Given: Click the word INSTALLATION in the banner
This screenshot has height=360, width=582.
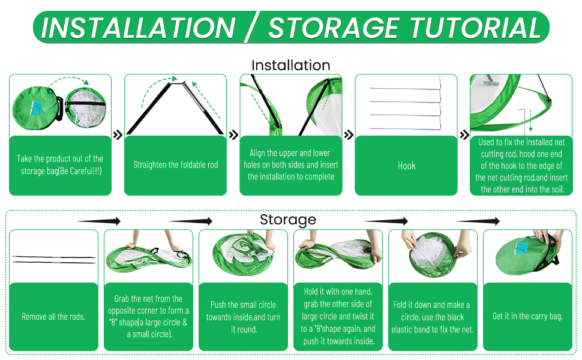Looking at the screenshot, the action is pos(138,28).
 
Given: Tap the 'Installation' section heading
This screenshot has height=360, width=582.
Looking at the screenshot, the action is pos(290,65).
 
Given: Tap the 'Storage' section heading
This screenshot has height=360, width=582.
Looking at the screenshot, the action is pos(287,220).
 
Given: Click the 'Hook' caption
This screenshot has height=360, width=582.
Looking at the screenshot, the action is pos(406,166).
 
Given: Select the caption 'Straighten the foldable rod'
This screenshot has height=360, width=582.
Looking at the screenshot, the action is pos(175,165).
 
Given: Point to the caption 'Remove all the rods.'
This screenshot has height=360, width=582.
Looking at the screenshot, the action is pos(53,317).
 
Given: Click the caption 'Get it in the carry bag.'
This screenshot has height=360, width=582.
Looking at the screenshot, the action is pos(527,316).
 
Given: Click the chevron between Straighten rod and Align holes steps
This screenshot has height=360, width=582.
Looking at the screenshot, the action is pos(233,136).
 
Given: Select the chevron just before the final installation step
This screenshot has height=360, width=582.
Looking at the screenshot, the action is pos(464,136).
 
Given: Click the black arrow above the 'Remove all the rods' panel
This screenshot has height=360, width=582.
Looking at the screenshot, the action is pos(99,221).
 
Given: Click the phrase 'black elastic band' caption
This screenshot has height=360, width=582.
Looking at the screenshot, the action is pos(433,329).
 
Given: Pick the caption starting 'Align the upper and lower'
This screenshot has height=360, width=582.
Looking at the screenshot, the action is pos(291,165).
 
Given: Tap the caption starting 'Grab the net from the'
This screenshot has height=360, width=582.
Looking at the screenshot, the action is pos(148,316).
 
